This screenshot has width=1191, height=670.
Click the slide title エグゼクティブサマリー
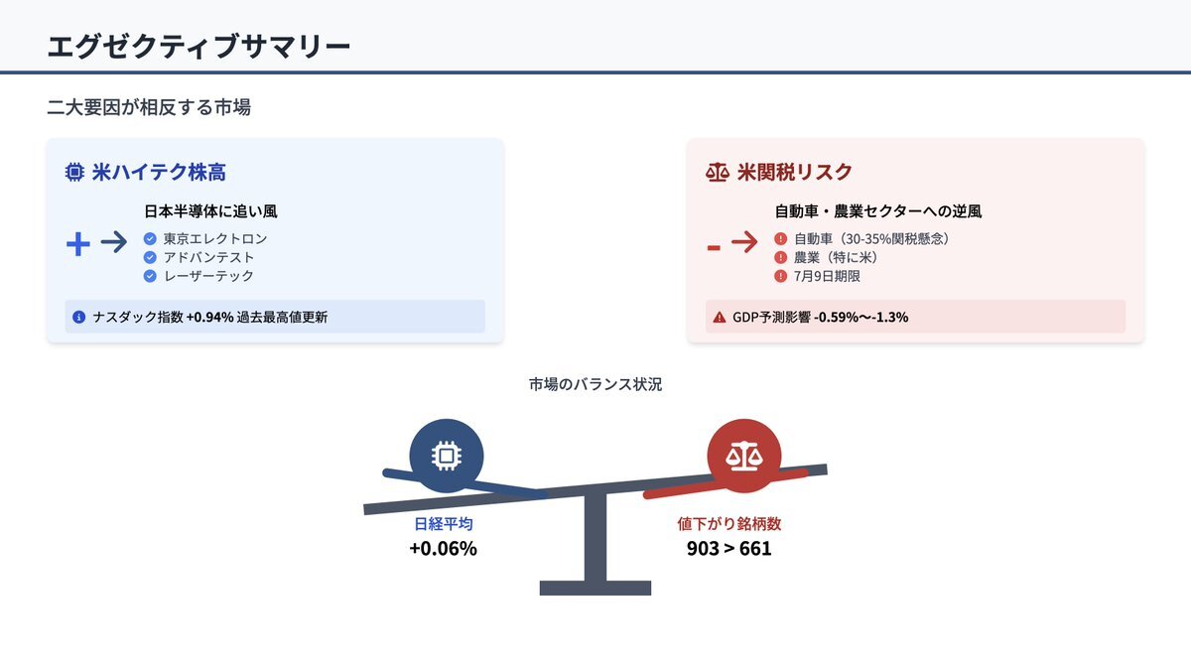(x=198, y=47)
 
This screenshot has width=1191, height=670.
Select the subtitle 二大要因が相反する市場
(x=149, y=107)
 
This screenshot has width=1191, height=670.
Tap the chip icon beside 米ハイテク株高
(x=74, y=173)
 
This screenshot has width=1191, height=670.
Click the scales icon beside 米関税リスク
(x=718, y=173)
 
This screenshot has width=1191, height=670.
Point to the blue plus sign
(x=78, y=244)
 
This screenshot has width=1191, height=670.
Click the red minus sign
(x=714, y=247)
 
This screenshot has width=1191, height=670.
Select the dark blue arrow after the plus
(x=114, y=242)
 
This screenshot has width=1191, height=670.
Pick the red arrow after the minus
(x=744, y=242)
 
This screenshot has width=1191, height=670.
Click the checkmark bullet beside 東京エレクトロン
(x=150, y=239)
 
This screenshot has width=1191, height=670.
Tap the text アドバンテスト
(x=208, y=257)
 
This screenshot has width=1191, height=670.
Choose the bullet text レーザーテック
(x=208, y=276)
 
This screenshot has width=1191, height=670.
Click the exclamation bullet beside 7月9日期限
(x=780, y=276)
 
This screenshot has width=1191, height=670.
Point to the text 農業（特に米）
(x=836, y=257)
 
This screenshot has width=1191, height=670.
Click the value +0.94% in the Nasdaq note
(x=210, y=317)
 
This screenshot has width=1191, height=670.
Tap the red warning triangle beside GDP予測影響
(x=720, y=317)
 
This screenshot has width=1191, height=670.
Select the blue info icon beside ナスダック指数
(x=78, y=317)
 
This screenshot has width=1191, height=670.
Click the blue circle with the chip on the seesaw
(x=447, y=456)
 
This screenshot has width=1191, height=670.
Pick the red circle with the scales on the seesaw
(x=744, y=456)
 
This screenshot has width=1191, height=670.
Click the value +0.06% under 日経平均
(x=444, y=549)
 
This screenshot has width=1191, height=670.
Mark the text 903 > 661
(x=728, y=549)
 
